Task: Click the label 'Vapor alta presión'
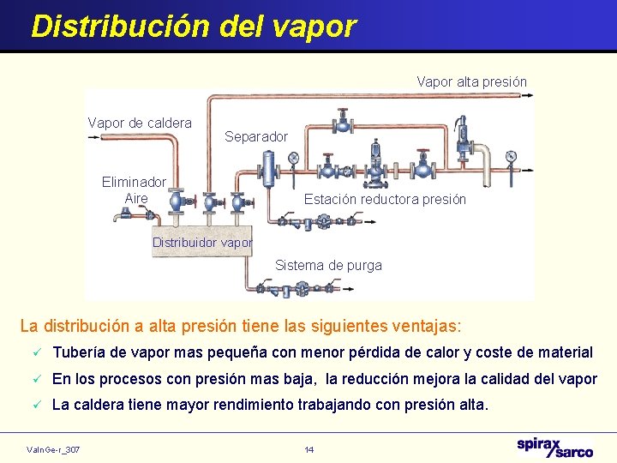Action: pyautogui.click(x=471, y=82)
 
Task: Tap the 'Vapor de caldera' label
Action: pyautogui.click(x=140, y=123)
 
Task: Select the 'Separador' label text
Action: pyautogui.click(x=256, y=137)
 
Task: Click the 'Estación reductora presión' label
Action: pyautogui.click(x=385, y=200)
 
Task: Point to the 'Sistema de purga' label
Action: pyautogui.click(x=328, y=266)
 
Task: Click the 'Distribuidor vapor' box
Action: pyautogui.click(x=202, y=243)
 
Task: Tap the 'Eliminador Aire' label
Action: pyautogui.click(x=135, y=190)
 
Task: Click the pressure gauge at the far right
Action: pyautogui.click(x=512, y=157)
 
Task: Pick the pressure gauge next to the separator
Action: pyautogui.click(x=294, y=158)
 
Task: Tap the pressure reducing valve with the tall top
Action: pyautogui.click(x=374, y=163)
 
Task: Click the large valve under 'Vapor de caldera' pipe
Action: pyautogui.click(x=176, y=201)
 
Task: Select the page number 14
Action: pyautogui.click(x=308, y=449)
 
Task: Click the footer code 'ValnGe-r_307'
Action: pyautogui.click(x=54, y=449)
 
